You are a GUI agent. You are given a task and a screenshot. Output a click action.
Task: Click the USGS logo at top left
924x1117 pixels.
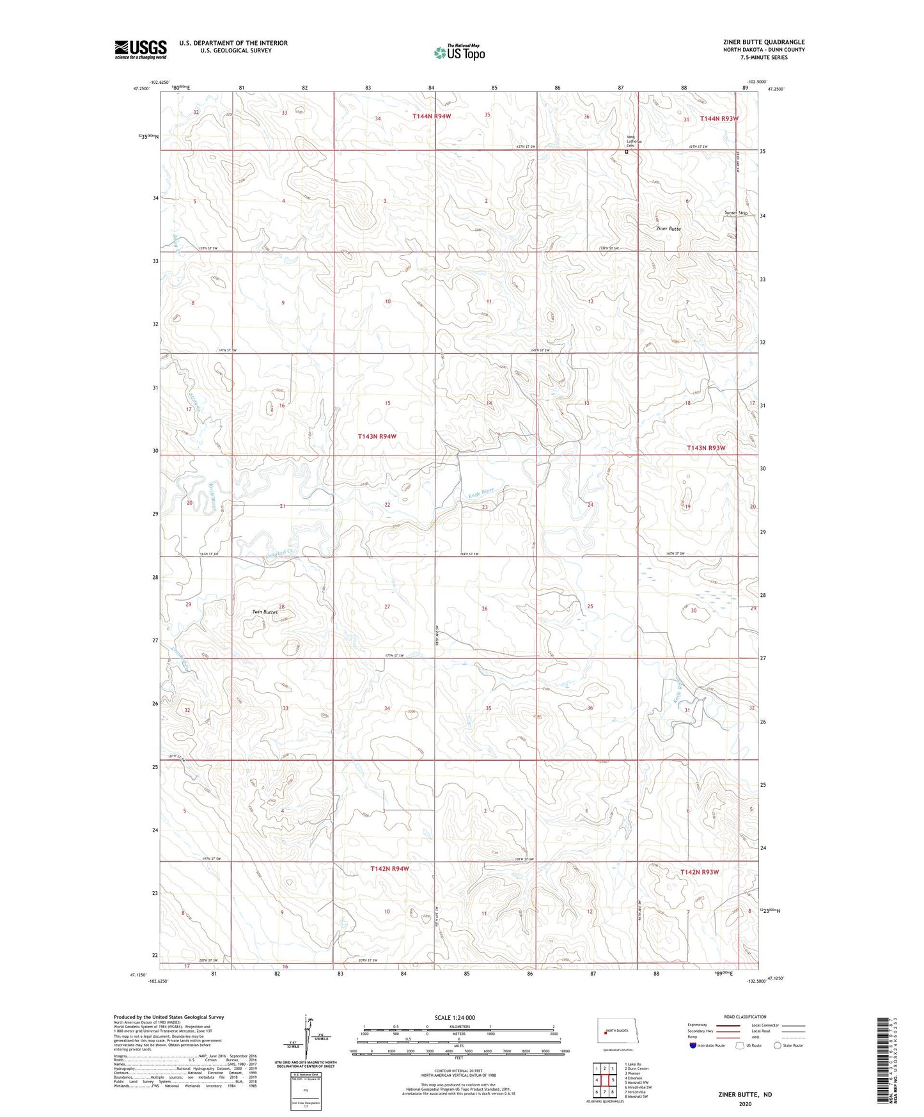click(140, 49)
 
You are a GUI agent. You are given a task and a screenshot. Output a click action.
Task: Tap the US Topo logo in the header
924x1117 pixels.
click(459, 52)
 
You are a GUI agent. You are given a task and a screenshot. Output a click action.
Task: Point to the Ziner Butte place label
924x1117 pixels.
click(668, 228)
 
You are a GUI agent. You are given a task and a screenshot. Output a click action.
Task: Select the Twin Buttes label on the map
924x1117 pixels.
click(265, 612)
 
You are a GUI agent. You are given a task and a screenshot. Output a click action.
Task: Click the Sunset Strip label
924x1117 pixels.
click(736, 213)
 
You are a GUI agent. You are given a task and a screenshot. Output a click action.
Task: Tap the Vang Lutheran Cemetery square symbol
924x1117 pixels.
click(627, 152)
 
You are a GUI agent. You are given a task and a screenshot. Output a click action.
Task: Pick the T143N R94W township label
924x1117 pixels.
click(377, 436)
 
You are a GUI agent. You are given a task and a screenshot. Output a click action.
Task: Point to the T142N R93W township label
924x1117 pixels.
click(700, 872)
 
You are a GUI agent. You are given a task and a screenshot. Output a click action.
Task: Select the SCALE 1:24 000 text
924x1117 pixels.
click(455, 1017)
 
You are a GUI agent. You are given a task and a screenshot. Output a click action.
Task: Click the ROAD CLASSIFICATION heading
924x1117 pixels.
click(745, 1017)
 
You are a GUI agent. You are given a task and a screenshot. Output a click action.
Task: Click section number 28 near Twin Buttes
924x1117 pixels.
click(281, 606)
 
